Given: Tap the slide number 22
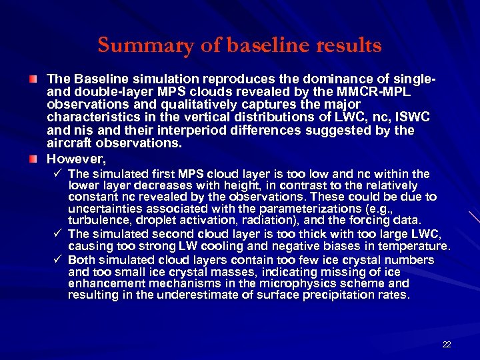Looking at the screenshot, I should pos(447,344).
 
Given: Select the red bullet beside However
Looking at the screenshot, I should pos(33,160).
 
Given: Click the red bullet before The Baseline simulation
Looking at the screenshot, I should pos(33,80).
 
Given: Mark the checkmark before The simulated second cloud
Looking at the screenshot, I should pos(59,233).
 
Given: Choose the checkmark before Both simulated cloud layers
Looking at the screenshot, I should pos(59,259).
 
